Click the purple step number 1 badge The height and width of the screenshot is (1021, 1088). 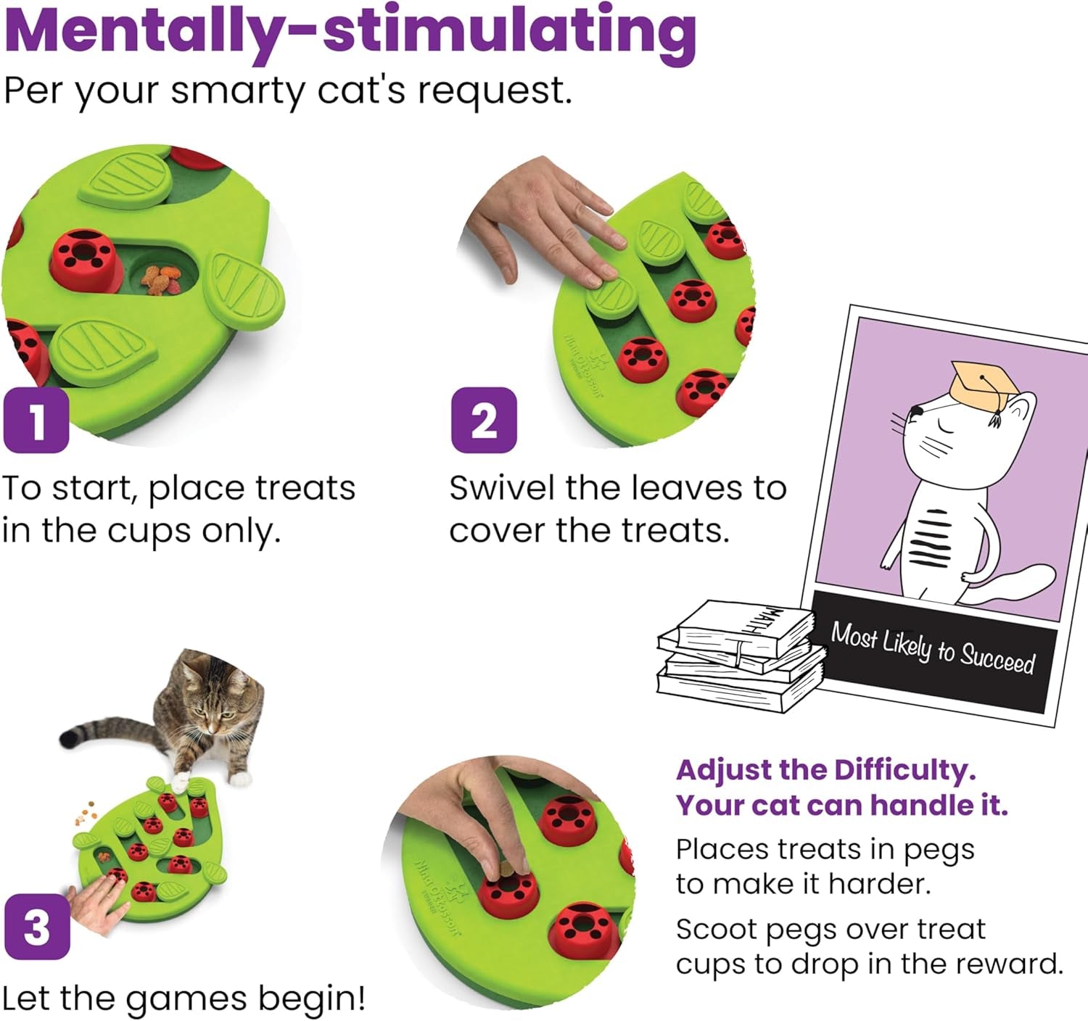tap(36, 421)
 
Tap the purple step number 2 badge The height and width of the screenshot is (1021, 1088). tap(484, 421)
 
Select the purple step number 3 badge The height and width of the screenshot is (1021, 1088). tap(37, 927)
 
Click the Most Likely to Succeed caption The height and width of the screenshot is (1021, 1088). tap(933, 648)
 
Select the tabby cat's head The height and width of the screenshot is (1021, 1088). tap(212, 696)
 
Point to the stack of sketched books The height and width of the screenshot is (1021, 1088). tap(740, 656)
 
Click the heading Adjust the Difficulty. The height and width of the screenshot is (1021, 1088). tap(825, 770)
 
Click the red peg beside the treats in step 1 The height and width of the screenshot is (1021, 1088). tap(86, 257)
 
